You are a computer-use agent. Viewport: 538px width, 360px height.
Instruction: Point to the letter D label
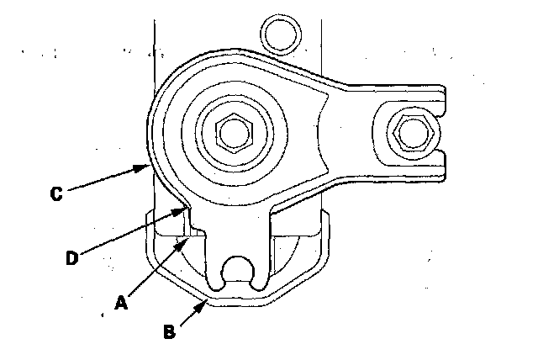tap(73, 258)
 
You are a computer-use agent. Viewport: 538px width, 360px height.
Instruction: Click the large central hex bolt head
tap(232, 130)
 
